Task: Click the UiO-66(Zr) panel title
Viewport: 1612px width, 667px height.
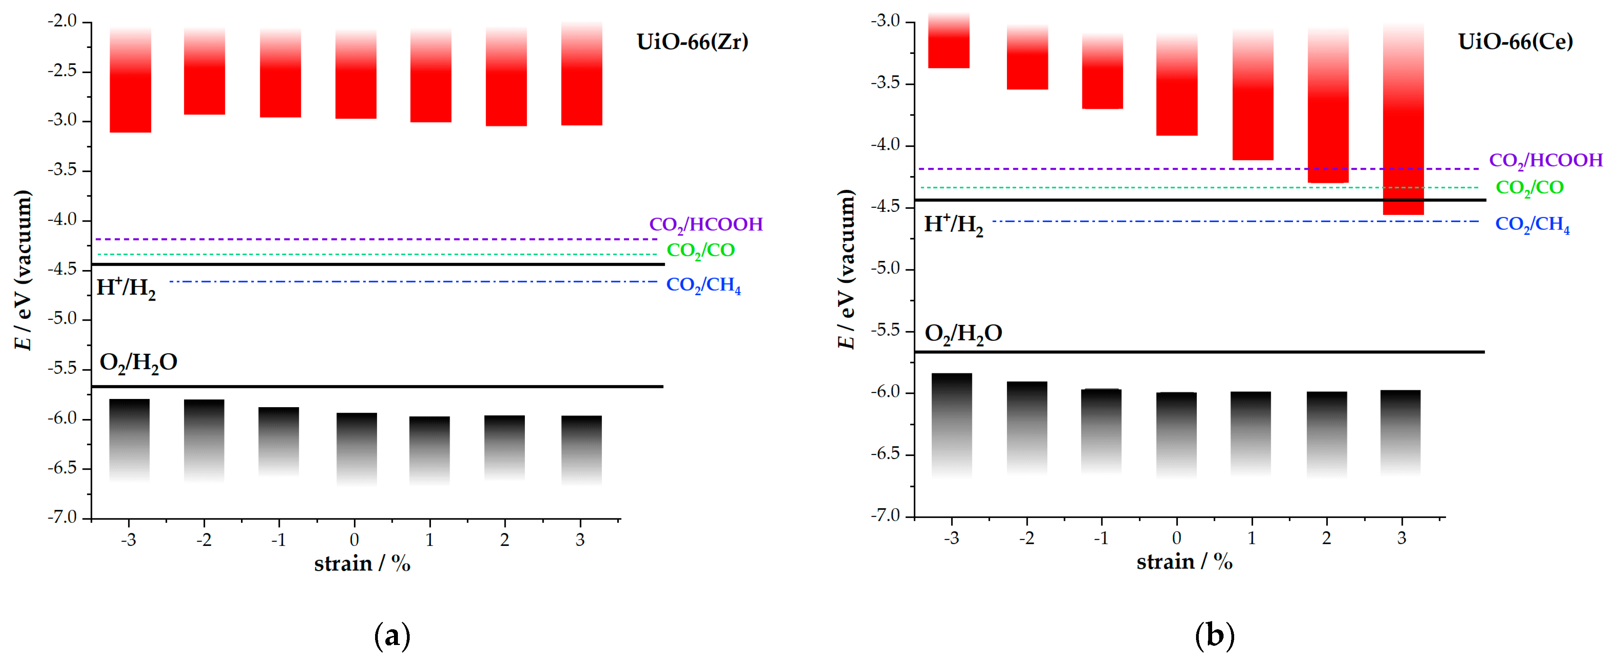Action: coord(692,42)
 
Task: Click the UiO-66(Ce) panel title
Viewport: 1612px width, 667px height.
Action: coord(1515,42)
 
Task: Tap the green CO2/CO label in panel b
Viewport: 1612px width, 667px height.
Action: coord(1529,188)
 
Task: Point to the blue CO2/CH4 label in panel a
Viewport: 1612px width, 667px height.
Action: coord(703,285)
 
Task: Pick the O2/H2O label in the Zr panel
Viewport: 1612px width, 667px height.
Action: coord(138,363)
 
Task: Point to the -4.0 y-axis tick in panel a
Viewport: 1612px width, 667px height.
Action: coord(62,220)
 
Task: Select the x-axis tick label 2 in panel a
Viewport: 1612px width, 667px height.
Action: coord(504,539)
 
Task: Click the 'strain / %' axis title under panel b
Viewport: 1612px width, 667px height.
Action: coord(1184,562)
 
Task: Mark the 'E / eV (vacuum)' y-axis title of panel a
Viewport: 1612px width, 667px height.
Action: coord(23,270)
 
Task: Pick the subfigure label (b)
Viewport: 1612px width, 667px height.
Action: coord(1214,636)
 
